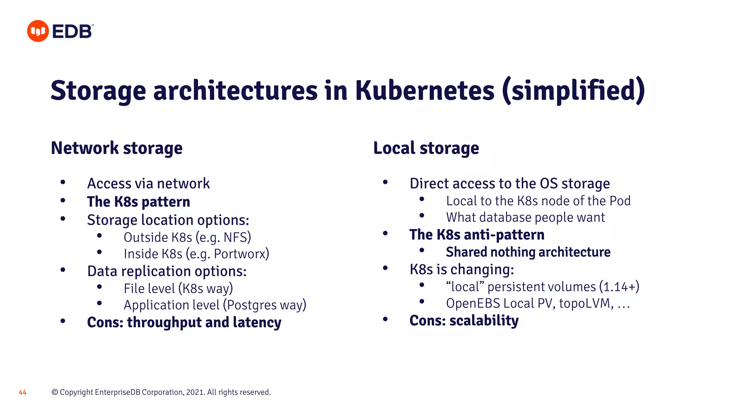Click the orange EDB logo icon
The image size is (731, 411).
coord(38,31)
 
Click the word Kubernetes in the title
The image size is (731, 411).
coord(425,91)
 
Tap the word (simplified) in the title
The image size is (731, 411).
coord(573,91)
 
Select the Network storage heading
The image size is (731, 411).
coord(117,148)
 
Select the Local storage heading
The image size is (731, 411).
coord(426,148)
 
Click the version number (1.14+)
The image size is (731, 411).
coord(619,287)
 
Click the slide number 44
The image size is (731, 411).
coord(22,392)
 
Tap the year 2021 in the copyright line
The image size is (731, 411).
coord(195,392)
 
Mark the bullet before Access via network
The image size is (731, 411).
coord(63,182)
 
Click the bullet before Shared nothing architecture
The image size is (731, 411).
coord(422,250)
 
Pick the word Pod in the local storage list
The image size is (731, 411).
coord(620,201)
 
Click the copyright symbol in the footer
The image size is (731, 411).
coord(55,392)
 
